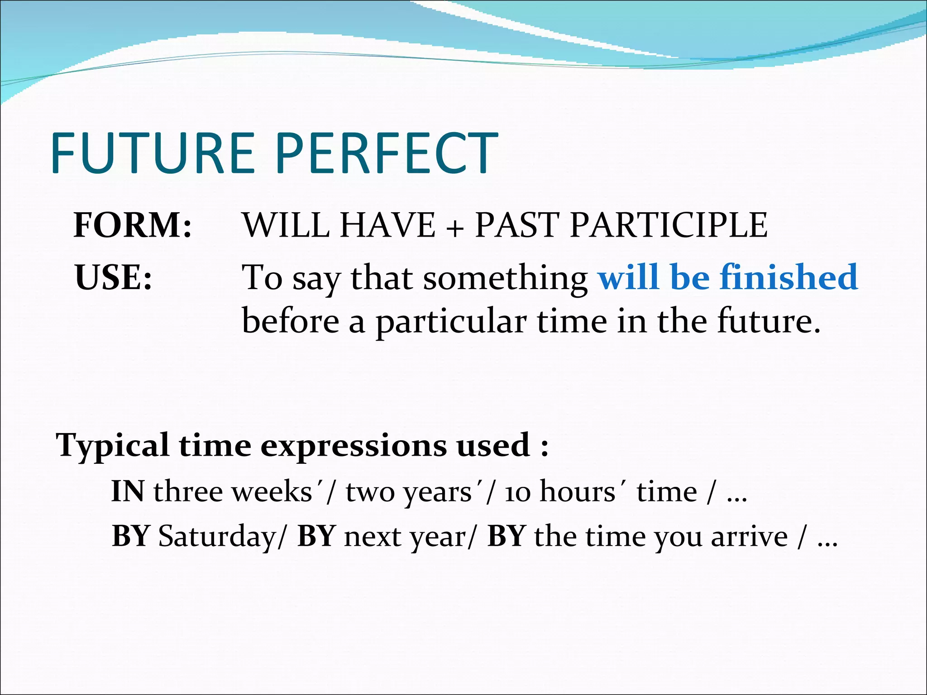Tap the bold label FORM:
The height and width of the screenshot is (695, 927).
click(133, 225)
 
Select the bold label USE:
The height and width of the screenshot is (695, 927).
click(113, 277)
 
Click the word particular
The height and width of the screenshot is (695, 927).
click(451, 322)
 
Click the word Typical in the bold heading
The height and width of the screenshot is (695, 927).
click(113, 446)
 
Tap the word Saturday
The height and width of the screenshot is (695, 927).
click(216, 537)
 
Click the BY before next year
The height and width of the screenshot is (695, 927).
click(315, 536)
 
